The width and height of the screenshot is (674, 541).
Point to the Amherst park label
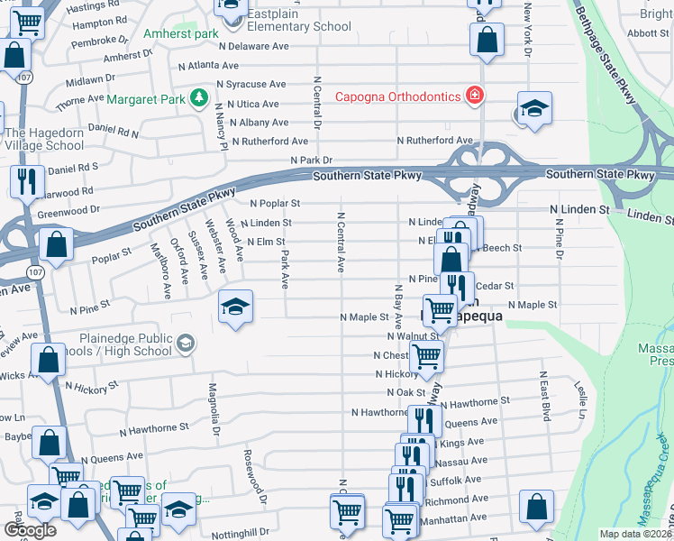pyautogui.click(x=181, y=34)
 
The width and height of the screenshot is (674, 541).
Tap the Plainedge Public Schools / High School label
pyautogui.click(x=124, y=344)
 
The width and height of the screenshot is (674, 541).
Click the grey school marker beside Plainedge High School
pyautogui.click(x=185, y=343)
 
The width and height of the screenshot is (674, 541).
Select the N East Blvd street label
pyautogui.click(x=544, y=396)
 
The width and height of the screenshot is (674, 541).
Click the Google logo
pyautogui.click(x=30, y=530)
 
